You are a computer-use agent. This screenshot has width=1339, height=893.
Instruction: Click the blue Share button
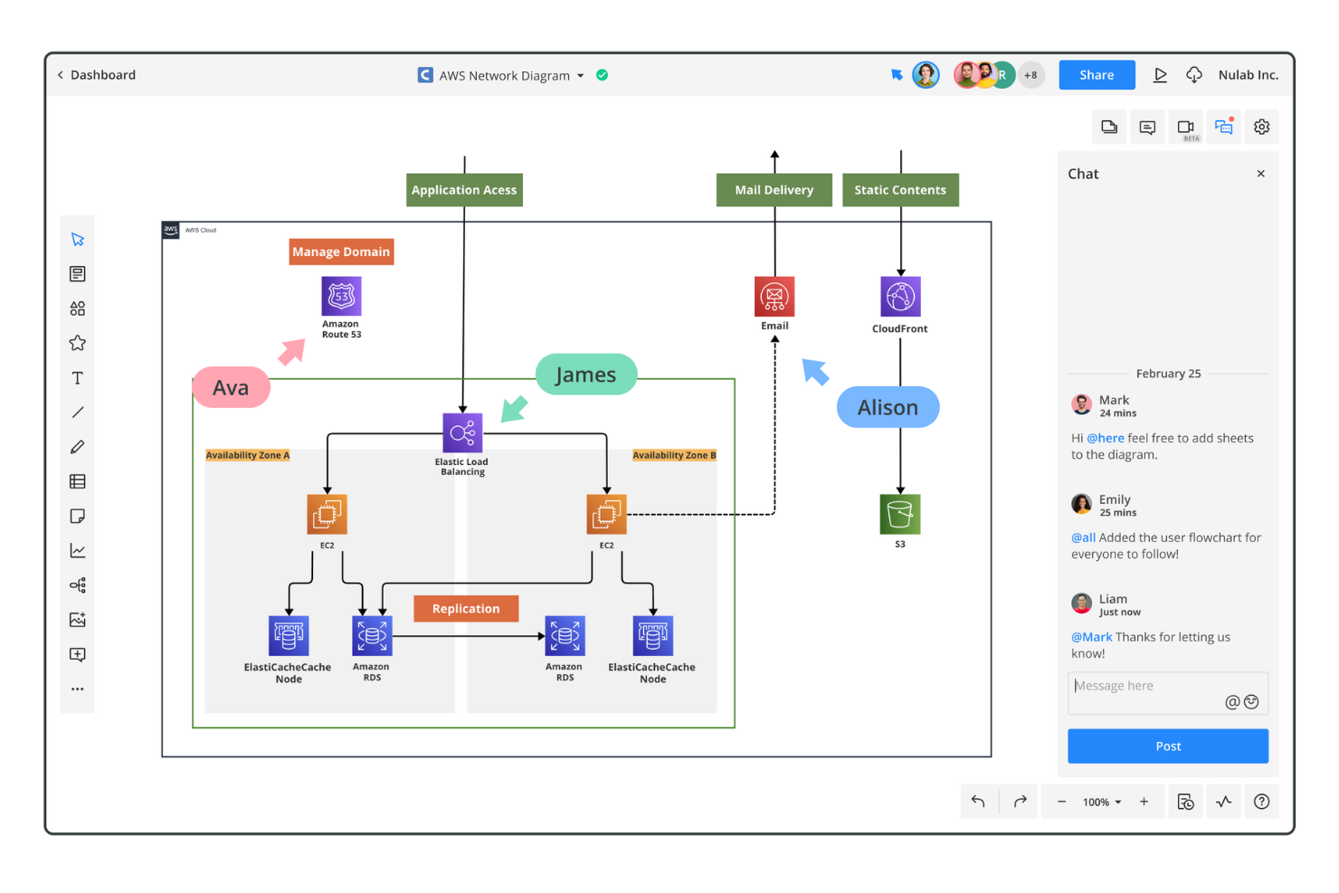[1096, 75]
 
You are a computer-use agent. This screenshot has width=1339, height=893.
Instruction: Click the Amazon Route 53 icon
[341, 296]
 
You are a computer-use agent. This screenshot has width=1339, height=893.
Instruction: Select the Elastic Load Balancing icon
[462, 432]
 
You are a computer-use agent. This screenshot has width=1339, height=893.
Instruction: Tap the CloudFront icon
[900, 296]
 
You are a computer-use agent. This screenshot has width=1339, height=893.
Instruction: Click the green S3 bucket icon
[899, 514]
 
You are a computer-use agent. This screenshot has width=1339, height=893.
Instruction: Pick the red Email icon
[774, 296]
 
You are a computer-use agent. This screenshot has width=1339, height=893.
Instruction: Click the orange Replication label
[466, 609]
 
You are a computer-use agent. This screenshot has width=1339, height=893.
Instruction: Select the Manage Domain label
[341, 252]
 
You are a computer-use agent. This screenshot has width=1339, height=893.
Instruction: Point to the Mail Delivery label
[774, 190]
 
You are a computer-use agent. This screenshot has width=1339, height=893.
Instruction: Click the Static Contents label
[900, 190]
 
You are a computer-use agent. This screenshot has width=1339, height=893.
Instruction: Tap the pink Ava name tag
[232, 388]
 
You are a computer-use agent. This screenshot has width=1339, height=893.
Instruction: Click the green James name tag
[585, 375]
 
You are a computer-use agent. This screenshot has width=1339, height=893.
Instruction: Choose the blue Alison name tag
[888, 408]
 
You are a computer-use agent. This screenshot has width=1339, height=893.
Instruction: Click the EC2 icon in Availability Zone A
[327, 514]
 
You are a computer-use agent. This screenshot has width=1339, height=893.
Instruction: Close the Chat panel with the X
[1260, 174]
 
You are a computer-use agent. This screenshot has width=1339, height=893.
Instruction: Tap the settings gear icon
[1261, 128]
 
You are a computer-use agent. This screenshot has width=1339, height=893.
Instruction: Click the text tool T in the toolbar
[78, 378]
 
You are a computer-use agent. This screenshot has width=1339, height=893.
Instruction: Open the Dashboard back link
[96, 75]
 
